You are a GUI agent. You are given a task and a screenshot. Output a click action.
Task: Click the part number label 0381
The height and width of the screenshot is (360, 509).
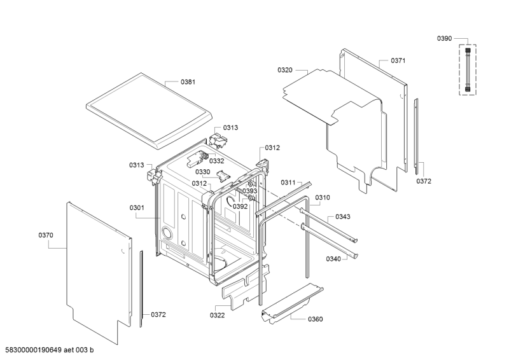pyautogui.click(x=188, y=82)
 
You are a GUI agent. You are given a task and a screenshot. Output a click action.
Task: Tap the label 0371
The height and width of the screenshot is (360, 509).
pyautogui.click(x=398, y=60)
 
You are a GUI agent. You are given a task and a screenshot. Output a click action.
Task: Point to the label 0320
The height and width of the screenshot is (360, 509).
pyautogui.click(x=285, y=70)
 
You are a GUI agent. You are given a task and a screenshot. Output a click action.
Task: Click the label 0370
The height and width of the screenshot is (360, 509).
pyautogui.click(x=46, y=235)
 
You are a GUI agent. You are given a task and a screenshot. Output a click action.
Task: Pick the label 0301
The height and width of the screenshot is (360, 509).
pyautogui.click(x=137, y=207)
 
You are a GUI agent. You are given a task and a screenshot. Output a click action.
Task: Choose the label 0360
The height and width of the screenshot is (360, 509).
pyautogui.click(x=315, y=319)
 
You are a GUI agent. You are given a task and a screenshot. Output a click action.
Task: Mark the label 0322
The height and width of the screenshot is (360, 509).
pyautogui.click(x=218, y=315)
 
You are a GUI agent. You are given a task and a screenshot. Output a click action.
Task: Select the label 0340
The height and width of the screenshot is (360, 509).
pyautogui.click(x=333, y=259)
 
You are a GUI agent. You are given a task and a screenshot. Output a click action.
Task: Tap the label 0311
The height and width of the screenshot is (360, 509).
pyautogui.click(x=289, y=183)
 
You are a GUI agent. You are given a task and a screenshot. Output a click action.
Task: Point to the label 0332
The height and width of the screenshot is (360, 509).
pyautogui.click(x=217, y=161)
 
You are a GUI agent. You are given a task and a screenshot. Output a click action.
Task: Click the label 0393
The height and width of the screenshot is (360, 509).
pyautogui.click(x=250, y=191)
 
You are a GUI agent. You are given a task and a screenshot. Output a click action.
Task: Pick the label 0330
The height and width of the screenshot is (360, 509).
pyautogui.click(x=202, y=172)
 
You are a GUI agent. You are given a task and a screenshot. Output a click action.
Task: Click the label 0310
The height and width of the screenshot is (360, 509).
pyautogui.click(x=323, y=198)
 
